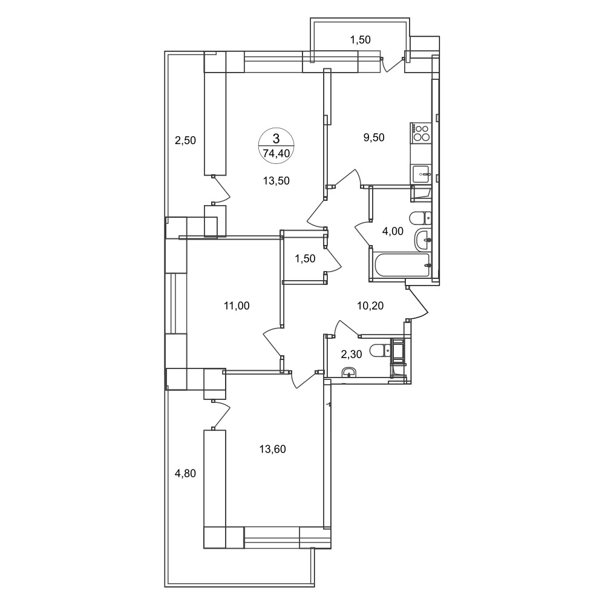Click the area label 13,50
coord(276,180)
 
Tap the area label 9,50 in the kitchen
coord(374,137)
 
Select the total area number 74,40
coord(276,153)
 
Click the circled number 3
coord(276,139)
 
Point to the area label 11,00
coord(237,306)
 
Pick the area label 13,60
coord(272,449)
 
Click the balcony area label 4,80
coord(186,473)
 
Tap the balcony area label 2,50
coord(186,140)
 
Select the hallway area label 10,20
coord(370,306)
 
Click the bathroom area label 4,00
coord(393,232)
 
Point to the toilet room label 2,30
coord(352,354)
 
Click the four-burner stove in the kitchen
coord(420,132)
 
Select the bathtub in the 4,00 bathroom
coord(402,265)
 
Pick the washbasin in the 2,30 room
coord(349,372)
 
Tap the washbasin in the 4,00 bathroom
coord(423,240)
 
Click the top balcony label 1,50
coord(360,40)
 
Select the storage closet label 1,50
coord(305,258)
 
